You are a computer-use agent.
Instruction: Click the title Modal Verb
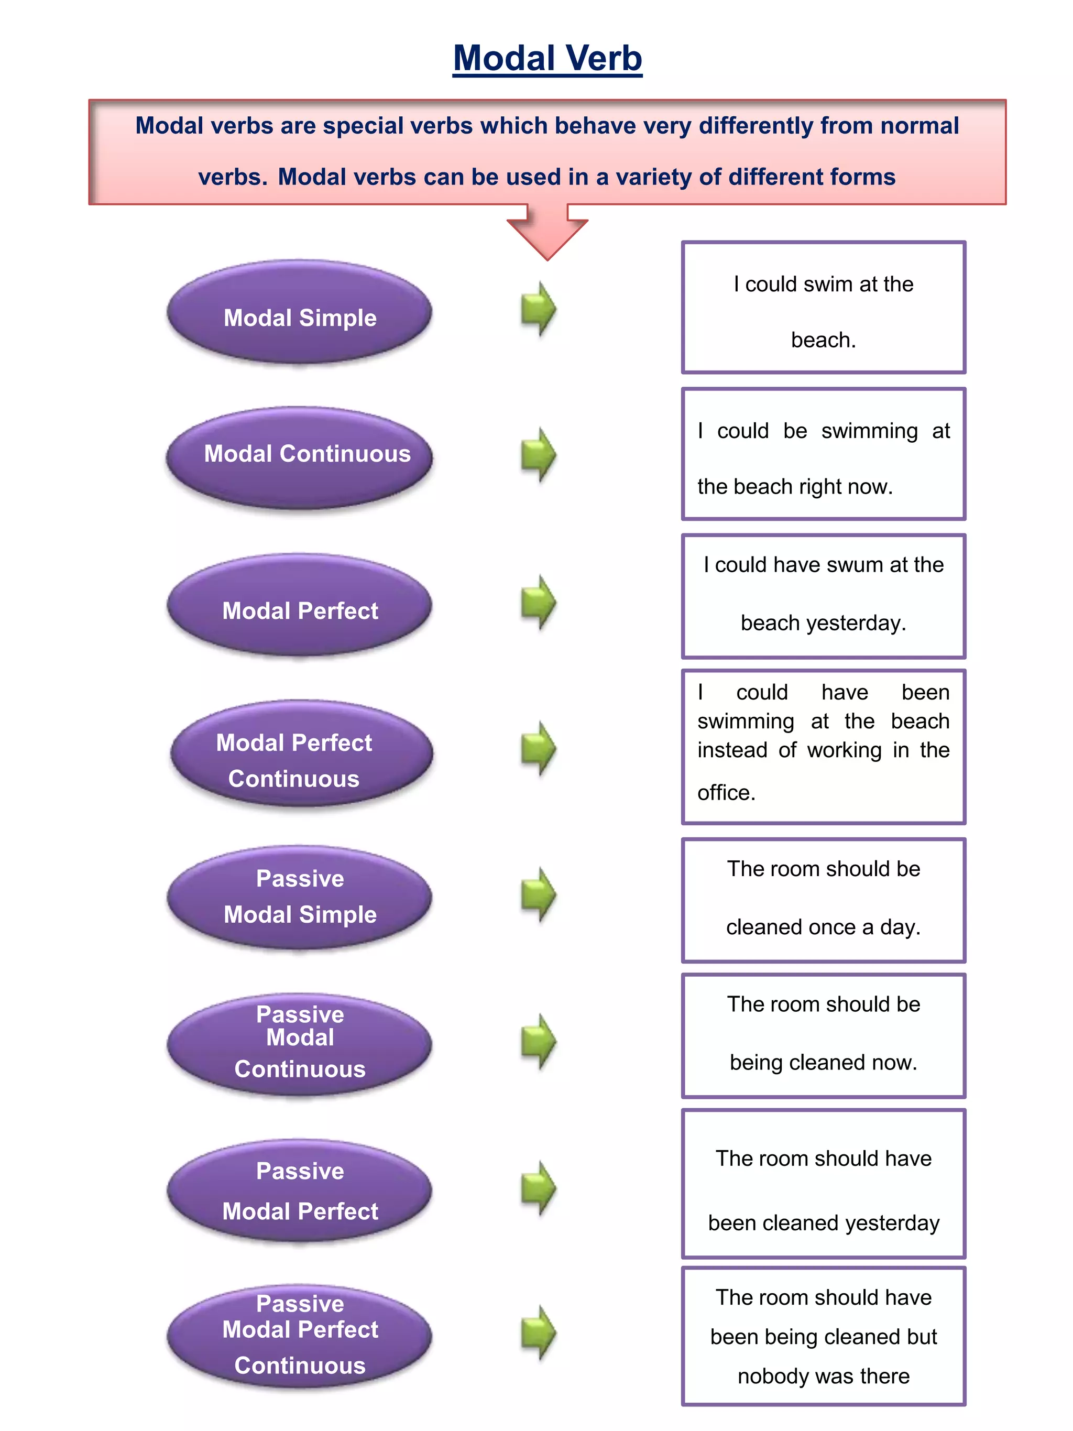547,58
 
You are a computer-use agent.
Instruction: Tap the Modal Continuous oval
300,457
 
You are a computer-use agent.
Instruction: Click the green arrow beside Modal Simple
538,309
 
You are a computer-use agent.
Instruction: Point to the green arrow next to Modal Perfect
538,602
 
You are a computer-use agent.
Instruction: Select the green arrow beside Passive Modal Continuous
538,1042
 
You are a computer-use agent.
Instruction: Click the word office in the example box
726,792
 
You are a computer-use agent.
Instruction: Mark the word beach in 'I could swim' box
823,340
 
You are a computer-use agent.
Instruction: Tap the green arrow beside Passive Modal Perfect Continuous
538,1332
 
